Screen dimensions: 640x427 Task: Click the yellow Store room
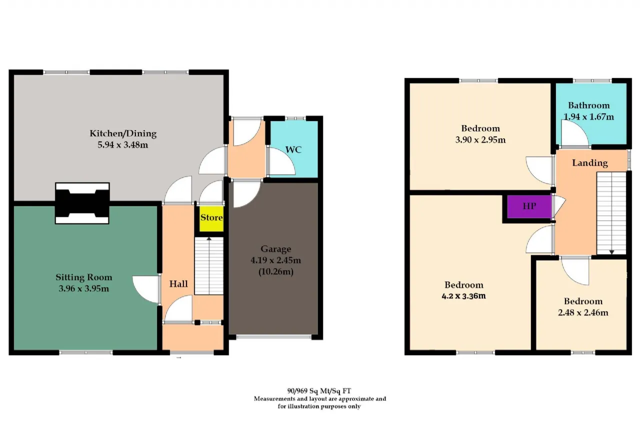(211, 218)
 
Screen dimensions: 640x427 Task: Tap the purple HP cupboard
(529, 207)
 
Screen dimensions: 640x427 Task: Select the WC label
(293, 150)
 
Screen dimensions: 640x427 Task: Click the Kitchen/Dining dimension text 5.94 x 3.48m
(123, 145)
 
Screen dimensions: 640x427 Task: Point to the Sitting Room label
(83, 277)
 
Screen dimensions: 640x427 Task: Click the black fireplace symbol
(82, 203)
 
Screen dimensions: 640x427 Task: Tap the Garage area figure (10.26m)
(275, 271)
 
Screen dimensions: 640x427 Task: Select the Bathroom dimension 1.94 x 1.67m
(588, 117)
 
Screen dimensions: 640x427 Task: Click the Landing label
(589, 163)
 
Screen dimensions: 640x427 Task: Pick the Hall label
(178, 284)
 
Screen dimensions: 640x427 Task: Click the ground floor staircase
(209, 266)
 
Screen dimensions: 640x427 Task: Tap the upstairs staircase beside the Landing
(611, 213)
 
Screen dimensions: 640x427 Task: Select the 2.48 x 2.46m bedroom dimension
(583, 312)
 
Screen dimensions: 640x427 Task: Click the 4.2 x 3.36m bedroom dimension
(463, 296)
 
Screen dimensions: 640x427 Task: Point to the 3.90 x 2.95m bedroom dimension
(480, 140)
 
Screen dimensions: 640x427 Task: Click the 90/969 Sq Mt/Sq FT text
(319, 390)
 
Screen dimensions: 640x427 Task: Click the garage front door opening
(273, 337)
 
